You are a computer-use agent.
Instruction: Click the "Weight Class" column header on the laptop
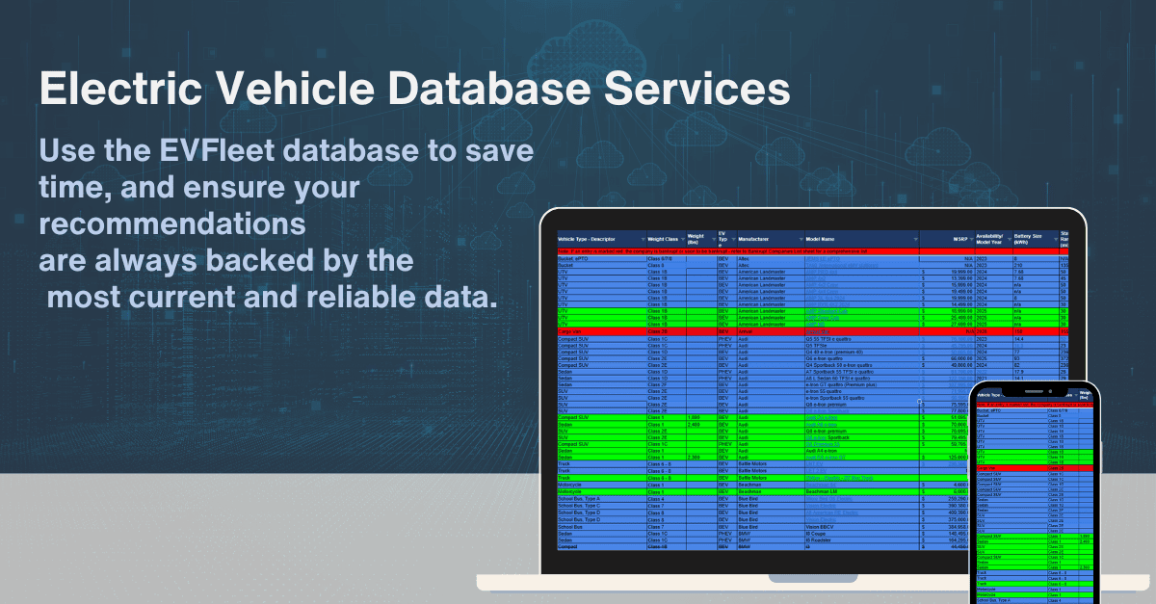coord(664,239)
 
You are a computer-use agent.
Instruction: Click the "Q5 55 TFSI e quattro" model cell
coord(833,339)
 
